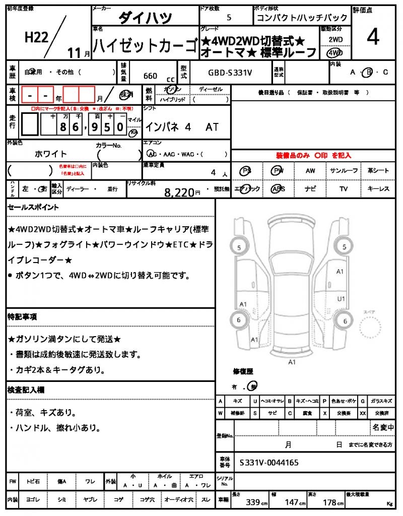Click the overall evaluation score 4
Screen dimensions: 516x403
pyautogui.click(x=373, y=38)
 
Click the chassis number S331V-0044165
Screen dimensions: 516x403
pyautogui.click(x=269, y=462)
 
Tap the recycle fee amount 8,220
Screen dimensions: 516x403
pyautogui.click(x=179, y=191)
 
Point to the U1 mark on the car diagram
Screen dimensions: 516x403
pyautogui.click(x=341, y=299)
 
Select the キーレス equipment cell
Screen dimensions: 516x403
pyautogui.click(x=378, y=189)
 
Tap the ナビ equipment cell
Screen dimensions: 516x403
pyautogui.click(x=310, y=189)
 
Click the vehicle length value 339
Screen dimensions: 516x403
pyautogui.click(x=252, y=502)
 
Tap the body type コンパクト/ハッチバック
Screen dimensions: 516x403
pyautogui.click(x=288, y=18)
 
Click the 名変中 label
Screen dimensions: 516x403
pyautogui.click(x=383, y=427)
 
